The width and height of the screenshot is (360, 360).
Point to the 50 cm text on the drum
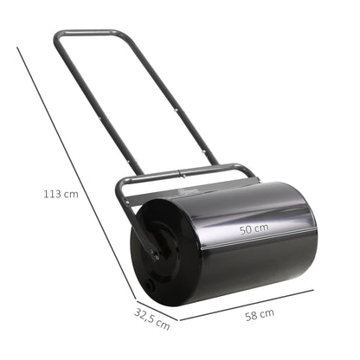click(254, 229)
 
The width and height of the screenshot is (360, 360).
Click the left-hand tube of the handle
click(91, 112)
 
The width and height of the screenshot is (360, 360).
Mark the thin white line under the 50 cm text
click(251, 241)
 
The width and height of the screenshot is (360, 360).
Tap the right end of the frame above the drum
click(254, 172)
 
